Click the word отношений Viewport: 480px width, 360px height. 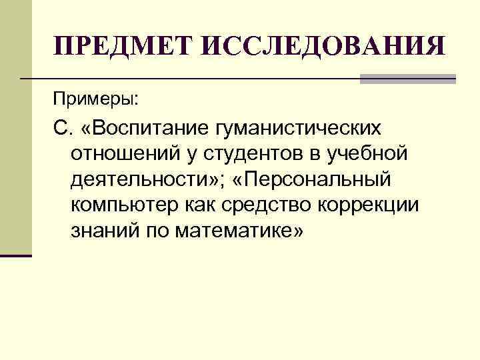point(118,153)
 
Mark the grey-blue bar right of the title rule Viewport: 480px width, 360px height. point(408,78)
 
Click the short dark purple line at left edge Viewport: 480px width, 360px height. point(16,256)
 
